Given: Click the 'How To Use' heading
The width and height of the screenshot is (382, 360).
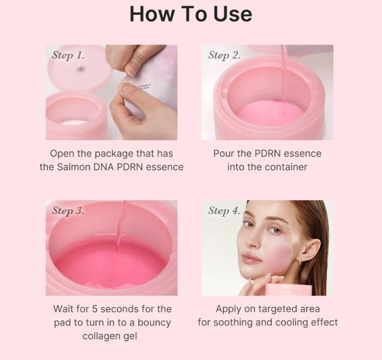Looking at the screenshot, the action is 191,14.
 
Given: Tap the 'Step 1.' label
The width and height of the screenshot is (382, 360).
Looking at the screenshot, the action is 68,55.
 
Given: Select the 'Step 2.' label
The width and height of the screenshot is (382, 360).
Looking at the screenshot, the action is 224,55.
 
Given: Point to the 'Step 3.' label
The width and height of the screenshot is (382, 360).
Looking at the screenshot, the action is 68,211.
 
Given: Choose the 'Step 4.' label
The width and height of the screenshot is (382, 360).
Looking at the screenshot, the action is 224,211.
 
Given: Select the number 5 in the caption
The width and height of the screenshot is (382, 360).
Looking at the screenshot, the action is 95,309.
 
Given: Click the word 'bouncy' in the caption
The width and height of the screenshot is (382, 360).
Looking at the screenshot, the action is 154,323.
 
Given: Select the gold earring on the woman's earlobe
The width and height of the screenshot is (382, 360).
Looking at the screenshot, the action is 300,262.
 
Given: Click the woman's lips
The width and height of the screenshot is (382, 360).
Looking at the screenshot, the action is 249,258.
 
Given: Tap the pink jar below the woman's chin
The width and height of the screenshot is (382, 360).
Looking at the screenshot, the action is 289,290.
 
